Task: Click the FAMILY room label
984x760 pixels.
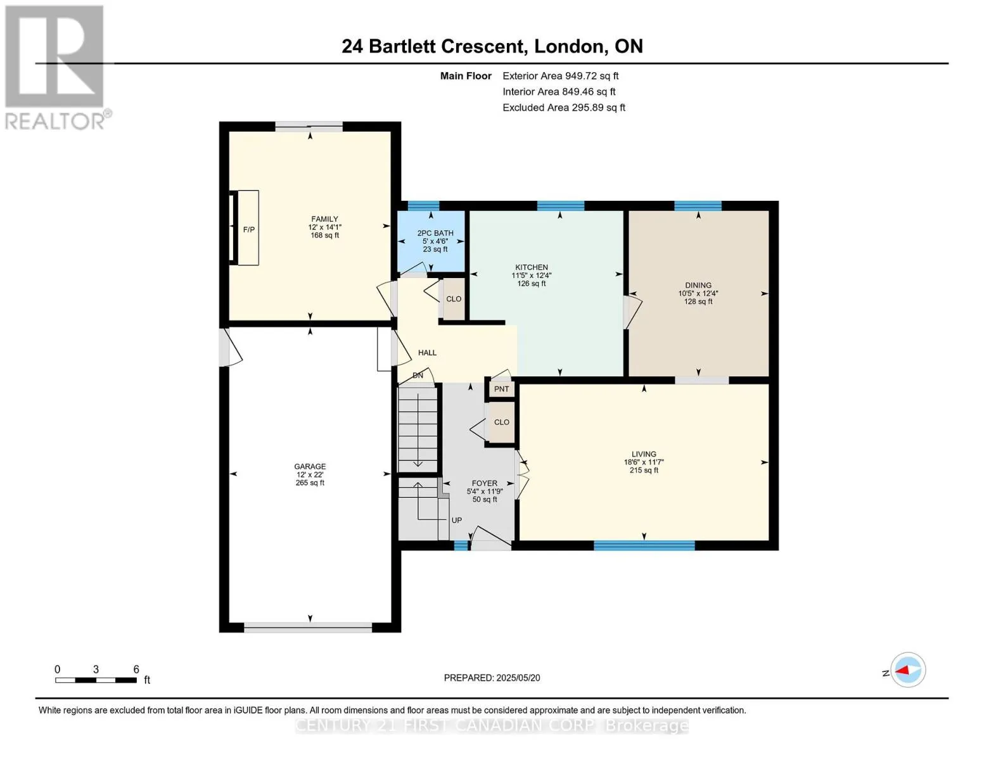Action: click(324, 218)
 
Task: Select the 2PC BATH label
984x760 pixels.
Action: click(435, 233)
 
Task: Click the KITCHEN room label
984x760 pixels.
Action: click(531, 267)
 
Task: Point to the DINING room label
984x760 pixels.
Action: click(698, 285)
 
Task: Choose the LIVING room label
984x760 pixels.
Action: click(644, 454)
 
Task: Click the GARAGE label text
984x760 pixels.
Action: click(310, 466)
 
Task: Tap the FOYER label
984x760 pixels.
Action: click(485, 483)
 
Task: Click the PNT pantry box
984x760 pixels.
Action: click(501, 389)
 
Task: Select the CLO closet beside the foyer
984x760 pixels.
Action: click(501, 422)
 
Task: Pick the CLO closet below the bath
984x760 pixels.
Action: click(453, 299)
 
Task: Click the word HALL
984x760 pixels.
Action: click(427, 353)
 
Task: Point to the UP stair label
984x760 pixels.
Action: click(456, 520)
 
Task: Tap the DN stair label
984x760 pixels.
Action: click(418, 375)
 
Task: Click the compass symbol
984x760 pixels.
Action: click(907, 670)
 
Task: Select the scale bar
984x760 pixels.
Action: click(96, 680)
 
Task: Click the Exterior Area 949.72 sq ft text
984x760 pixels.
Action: click(560, 76)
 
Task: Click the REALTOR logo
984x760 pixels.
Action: click(56, 68)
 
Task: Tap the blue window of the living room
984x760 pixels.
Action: click(644, 545)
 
